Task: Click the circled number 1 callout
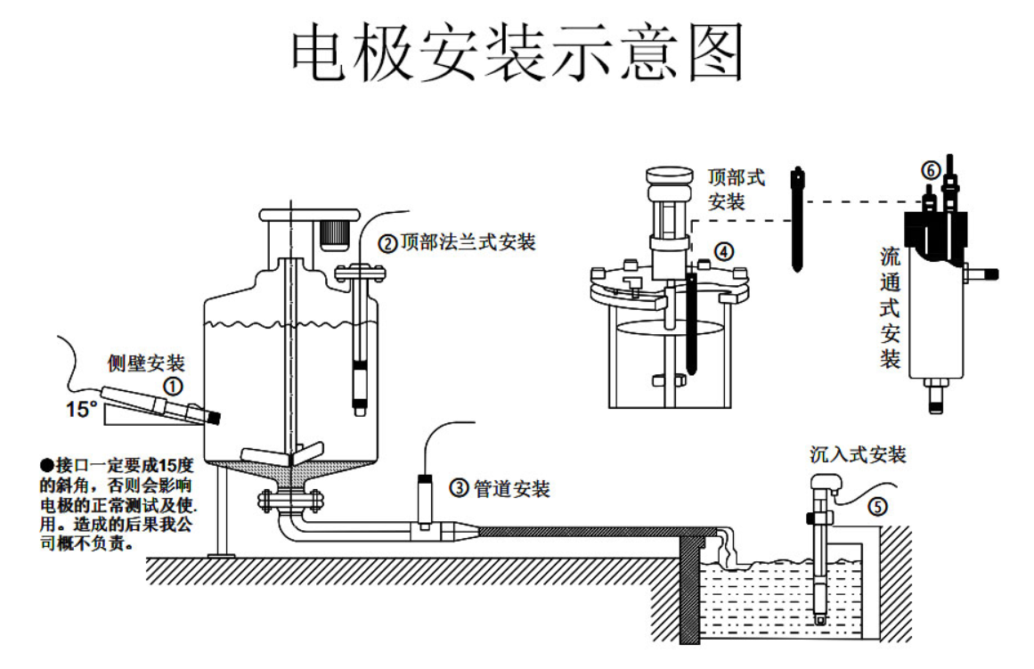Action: tap(173, 386)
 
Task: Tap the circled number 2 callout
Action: tap(387, 242)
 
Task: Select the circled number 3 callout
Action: tap(459, 487)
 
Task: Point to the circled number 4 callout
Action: tap(725, 251)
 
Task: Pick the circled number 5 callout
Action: tap(877, 507)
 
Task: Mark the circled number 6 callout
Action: tap(929, 170)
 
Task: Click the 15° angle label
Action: tap(81, 410)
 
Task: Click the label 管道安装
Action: tap(511, 488)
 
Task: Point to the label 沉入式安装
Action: tap(858, 454)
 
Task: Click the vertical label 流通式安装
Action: tap(890, 308)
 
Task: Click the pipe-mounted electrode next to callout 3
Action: tap(425, 503)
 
